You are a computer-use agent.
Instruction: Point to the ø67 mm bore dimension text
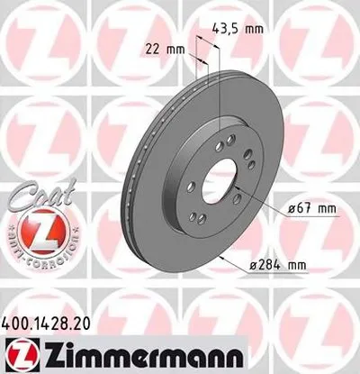[309, 209]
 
